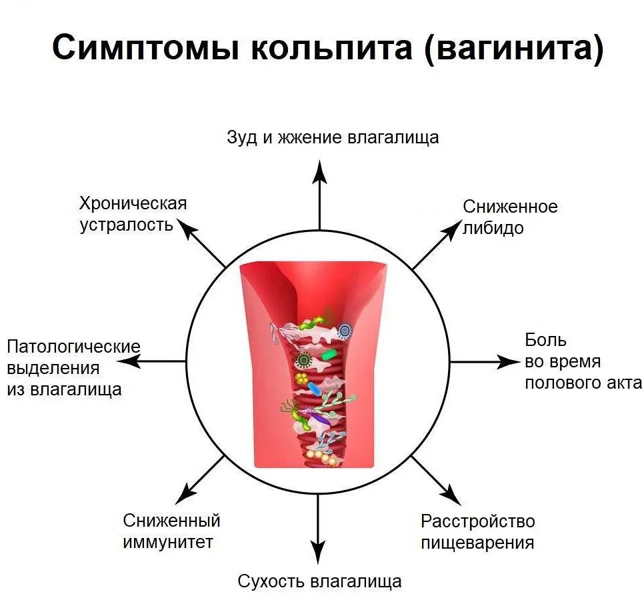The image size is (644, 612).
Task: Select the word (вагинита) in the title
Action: click(x=511, y=49)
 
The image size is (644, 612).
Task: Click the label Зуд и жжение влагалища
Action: click(x=333, y=137)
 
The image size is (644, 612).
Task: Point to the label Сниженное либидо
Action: click(x=510, y=217)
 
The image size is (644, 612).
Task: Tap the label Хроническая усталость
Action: click(x=133, y=213)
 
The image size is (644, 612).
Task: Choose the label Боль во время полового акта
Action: click(x=582, y=361)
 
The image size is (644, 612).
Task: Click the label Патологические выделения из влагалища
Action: click(x=73, y=368)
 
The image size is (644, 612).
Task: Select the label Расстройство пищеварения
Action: click(x=477, y=531)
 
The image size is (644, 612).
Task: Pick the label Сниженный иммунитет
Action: click(x=171, y=531)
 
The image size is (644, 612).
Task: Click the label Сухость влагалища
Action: click(x=319, y=581)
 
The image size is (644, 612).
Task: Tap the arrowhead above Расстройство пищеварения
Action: click(x=452, y=495)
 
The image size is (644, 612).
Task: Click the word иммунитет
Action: click(x=168, y=542)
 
